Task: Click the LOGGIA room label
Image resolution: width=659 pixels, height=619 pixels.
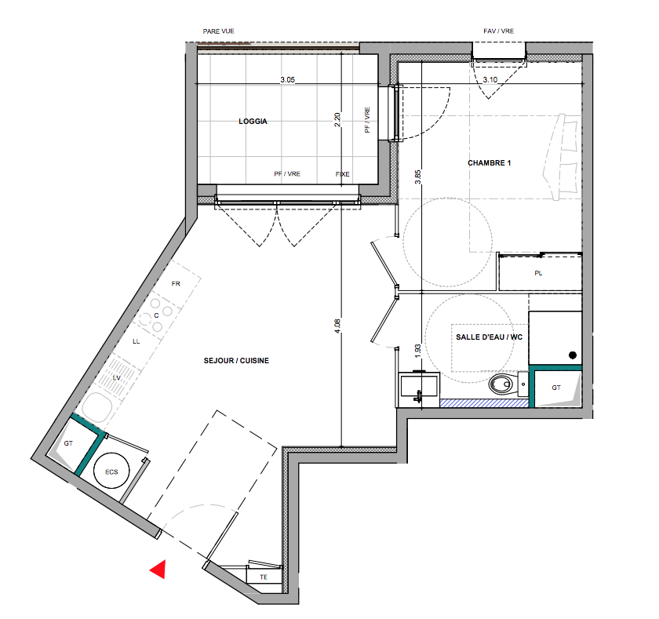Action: [253, 122]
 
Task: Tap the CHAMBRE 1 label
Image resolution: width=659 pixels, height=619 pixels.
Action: [490, 163]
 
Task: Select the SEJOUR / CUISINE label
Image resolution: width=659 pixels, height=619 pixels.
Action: [236, 361]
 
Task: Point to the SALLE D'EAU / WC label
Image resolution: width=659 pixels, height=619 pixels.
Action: [490, 337]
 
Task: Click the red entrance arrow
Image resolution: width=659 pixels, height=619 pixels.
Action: [158, 569]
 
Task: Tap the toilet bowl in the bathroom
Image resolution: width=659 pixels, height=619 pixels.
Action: [501, 384]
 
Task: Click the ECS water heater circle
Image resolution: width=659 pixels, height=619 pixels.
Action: [111, 471]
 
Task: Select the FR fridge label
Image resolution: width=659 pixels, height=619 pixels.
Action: [176, 284]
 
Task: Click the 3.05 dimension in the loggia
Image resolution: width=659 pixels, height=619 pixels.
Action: [287, 79]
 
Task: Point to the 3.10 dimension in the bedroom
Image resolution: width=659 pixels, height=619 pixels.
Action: [490, 79]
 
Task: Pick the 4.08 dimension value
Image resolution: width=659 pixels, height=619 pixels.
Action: [337, 326]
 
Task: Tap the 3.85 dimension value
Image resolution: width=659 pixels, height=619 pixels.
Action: [417, 177]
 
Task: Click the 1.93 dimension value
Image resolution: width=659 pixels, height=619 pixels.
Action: [417, 351]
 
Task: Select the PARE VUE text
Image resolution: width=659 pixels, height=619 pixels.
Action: [219, 31]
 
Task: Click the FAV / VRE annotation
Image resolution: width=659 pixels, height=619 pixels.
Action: [498, 31]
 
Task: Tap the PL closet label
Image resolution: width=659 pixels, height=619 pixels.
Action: [538, 273]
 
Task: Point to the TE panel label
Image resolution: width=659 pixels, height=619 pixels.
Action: [264, 577]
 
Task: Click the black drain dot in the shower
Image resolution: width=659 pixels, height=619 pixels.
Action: [573, 355]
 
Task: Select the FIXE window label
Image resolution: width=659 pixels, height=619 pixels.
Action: [343, 174]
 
